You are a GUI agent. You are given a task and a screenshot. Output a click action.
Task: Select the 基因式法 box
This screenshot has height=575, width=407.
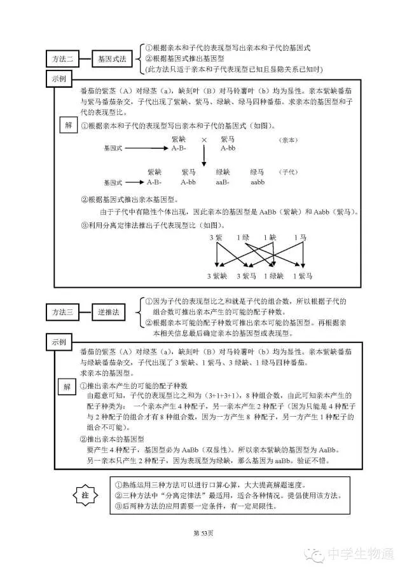tap(111, 60)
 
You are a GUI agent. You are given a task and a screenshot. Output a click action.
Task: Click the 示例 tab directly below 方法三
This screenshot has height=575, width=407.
tap(62, 341)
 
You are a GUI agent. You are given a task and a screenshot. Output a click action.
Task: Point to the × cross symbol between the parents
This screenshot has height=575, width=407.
tap(204, 139)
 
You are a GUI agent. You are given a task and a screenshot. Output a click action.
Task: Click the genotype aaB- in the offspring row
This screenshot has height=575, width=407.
tap(223, 182)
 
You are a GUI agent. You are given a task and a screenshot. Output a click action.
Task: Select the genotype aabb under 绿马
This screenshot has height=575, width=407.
tap(257, 182)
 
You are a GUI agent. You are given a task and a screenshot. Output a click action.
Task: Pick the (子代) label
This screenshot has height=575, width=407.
tap(288, 173)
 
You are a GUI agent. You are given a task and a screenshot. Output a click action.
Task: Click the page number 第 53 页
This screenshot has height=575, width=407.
tap(203, 532)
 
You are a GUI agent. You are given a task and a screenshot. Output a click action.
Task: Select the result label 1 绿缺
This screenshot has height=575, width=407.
tap(273, 276)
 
